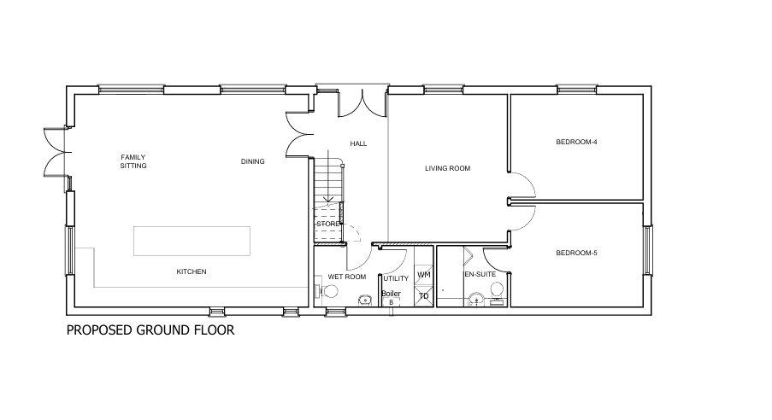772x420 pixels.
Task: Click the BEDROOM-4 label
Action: coord(576,142)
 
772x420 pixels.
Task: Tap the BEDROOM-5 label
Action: coord(576,254)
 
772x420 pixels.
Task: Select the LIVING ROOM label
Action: coord(447,168)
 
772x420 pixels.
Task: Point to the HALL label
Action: coord(358,143)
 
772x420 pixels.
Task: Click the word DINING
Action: coord(252,161)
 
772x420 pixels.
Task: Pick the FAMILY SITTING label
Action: coord(133,161)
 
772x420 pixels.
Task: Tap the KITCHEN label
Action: coord(192,271)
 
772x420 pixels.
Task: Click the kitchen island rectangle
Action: coord(192,241)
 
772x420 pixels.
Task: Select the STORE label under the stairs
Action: coord(328,224)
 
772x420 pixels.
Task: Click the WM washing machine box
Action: coord(423,274)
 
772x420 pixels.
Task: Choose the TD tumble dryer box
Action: coord(423,296)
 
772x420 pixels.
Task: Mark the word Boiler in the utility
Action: coord(391,294)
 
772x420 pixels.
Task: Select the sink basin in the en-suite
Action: coord(476,299)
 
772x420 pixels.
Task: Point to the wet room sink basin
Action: coord(364,300)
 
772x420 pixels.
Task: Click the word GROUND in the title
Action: coord(166,330)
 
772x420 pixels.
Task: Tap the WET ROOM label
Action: coord(347,277)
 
